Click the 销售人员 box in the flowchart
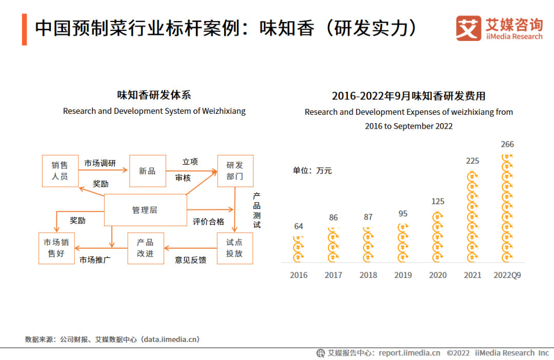pyautogui.click(x=60, y=171)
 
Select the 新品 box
pyautogui.click(x=147, y=171)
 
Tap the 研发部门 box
pyautogui.click(x=235, y=171)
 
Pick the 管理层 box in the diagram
pyautogui.click(x=145, y=210)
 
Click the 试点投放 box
pyautogui.click(x=235, y=248)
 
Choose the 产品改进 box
pyautogui.click(x=145, y=248)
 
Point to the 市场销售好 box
pyautogui.click(x=56, y=248)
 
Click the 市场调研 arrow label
pyautogui.click(x=100, y=163)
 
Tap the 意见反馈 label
pyautogui.click(x=191, y=260)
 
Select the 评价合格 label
pyautogui.click(x=208, y=222)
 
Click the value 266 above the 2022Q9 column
pyautogui.click(x=507, y=144)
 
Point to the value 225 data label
pyautogui.click(x=472, y=161)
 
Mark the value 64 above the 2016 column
pyautogui.click(x=299, y=226)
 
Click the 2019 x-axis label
pyautogui.click(x=403, y=275)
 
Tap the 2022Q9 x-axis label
pyautogui.click(x=507, y=275)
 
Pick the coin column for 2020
pyautogui.click(x=438, y=236)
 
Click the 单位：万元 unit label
pyautogui.click(x=312, y=170)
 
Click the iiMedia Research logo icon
pyautogui.click(x=468, y=28)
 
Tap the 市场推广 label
pyautogui.click(x=95, y=259)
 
